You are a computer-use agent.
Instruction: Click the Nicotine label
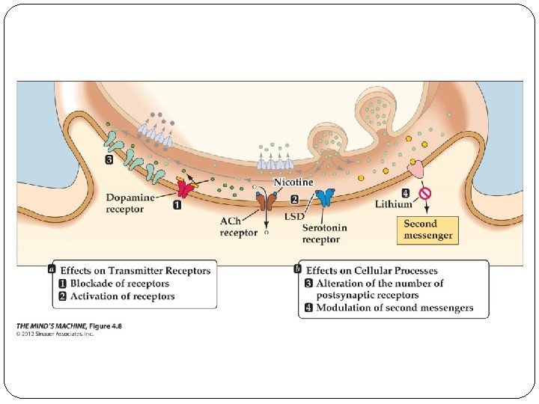293,183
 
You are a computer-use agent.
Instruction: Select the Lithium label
394,203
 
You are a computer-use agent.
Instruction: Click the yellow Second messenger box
428,229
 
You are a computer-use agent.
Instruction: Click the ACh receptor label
237,227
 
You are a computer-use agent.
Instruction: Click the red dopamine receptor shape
183,189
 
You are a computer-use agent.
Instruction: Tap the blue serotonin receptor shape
325,198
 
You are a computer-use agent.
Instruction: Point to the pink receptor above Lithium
416,171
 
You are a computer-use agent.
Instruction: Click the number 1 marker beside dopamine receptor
177,206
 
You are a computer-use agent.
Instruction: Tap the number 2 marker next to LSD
294,200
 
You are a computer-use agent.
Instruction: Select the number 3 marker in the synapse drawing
109,159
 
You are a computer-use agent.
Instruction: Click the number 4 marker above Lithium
405,192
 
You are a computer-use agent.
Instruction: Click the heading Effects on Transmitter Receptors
135,271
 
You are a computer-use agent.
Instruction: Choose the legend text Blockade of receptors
119,284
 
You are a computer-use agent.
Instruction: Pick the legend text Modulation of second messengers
394,307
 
